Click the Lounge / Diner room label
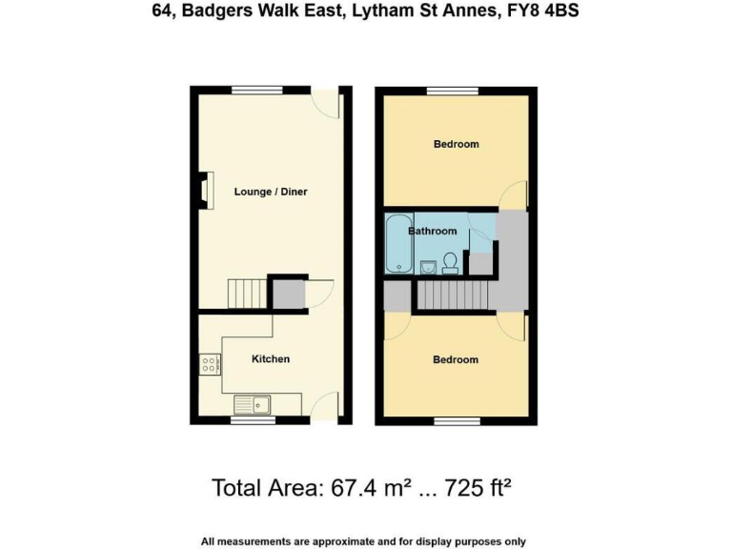271,192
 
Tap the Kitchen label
270,359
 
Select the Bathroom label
433,232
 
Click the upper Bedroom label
456,145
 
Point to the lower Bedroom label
456,359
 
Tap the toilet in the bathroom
451,262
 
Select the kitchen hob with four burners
210,363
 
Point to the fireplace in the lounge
205,189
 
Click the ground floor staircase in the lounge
247,292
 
